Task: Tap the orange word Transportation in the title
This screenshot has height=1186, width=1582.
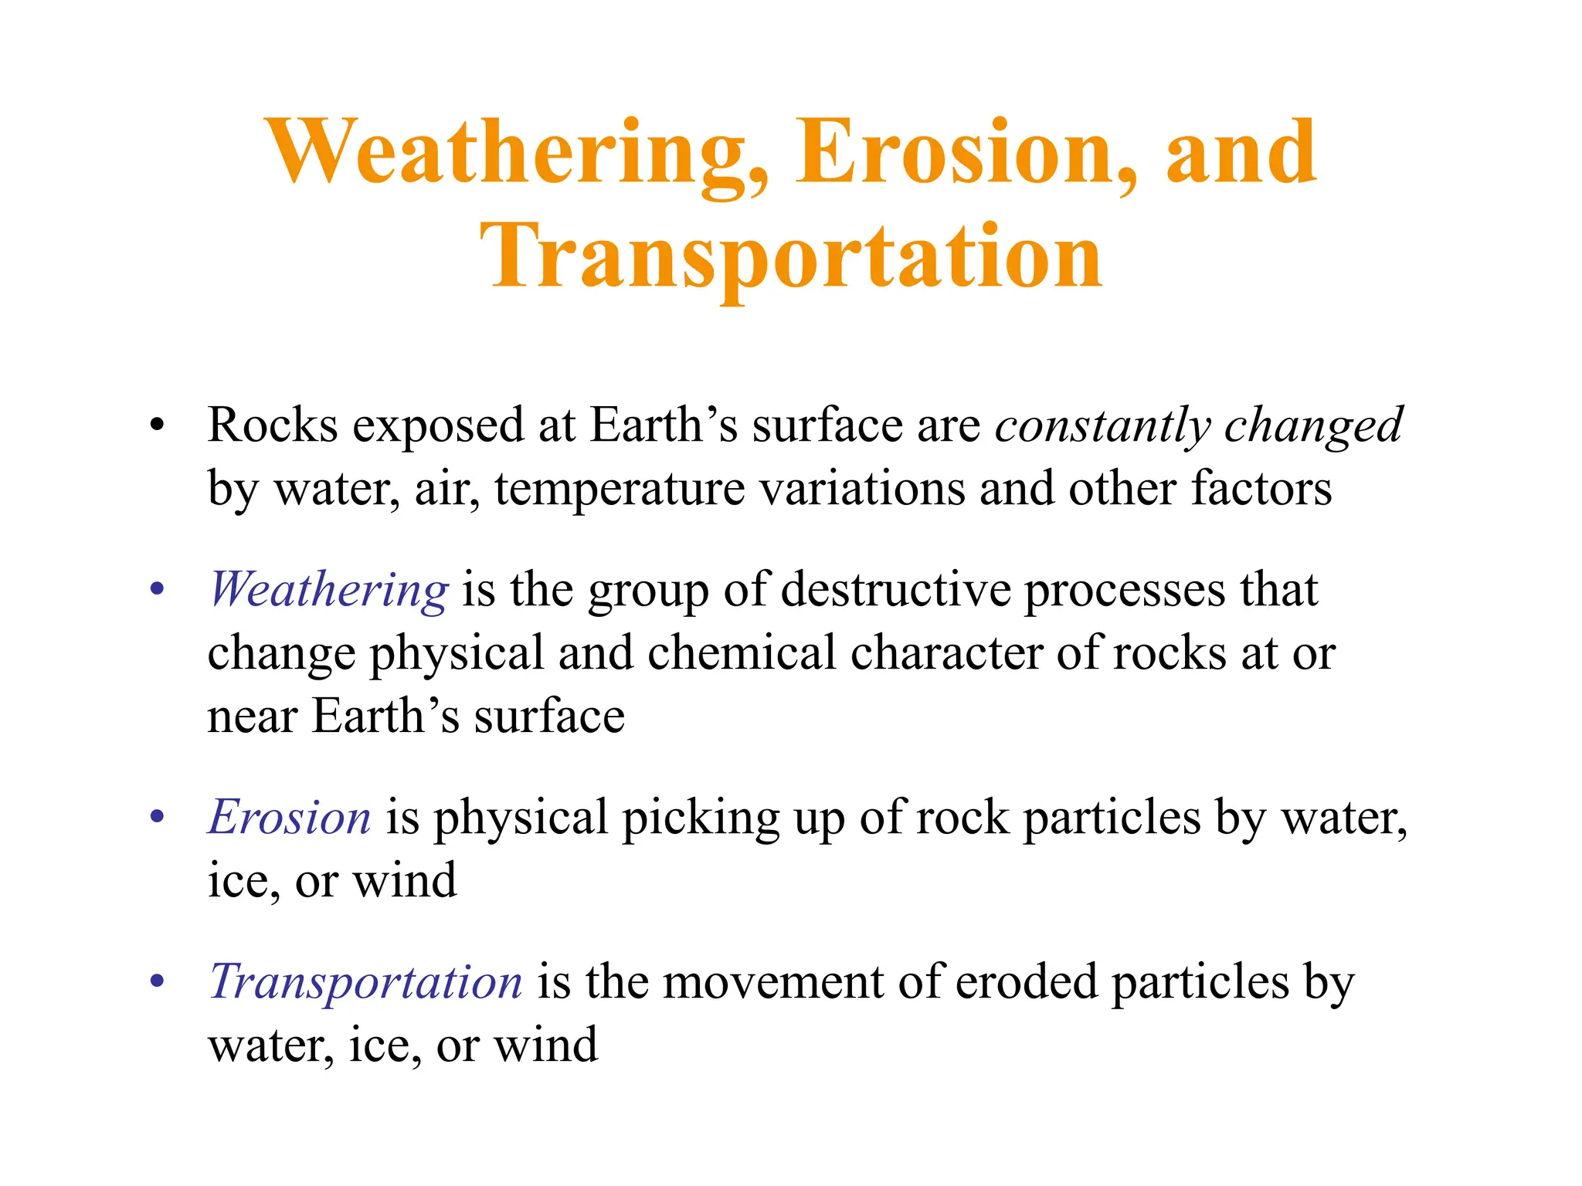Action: (791, 257)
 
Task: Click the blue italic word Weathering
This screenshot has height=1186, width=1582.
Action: (328, 590)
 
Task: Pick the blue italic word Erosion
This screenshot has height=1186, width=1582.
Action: (290, 817)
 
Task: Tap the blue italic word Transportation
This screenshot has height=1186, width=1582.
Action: (365, 982)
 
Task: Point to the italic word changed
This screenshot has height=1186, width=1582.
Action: (1313, 426)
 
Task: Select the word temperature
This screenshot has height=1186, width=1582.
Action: (620, 490)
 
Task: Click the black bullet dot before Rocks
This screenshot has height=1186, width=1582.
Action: (158, 425)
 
